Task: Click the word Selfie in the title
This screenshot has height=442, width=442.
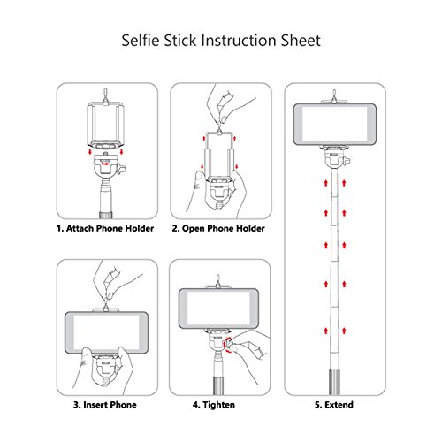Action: (x=141, y=41)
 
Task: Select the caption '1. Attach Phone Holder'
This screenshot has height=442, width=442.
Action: (x=105, y=228)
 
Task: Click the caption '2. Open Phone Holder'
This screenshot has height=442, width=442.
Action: (x=218, y=228)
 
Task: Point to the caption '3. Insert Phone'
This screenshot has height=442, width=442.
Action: (x=105, y=405)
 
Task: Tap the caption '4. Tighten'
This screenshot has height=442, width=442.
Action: (x=214, y=405)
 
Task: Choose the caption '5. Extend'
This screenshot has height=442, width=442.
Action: (x=334, y=405)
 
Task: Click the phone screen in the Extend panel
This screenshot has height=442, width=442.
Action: (x=335, y=124)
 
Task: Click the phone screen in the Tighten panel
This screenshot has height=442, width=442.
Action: (x=219, y=309)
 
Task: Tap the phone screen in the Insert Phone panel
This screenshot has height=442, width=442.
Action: (x=106, y=332)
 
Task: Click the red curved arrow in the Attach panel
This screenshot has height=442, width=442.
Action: (x=104, y=163)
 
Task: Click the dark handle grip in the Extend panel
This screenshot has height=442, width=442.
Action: (x=334, y=382)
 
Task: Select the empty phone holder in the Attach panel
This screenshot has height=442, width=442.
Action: (x=105, y=126)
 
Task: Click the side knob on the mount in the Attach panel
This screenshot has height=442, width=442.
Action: (x=122, y=170)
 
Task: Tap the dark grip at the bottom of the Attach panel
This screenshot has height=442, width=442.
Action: (x=106, y=215)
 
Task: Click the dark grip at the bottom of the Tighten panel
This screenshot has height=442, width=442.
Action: (x=218, y=385)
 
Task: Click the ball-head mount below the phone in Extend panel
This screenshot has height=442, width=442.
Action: (x=335, y=157)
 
